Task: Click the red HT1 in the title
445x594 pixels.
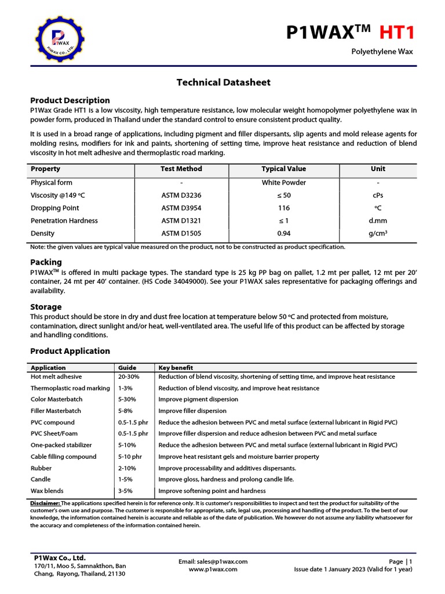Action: coord(397,32)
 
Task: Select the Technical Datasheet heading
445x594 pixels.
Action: coord(223,82)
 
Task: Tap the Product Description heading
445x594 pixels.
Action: coord(70,100)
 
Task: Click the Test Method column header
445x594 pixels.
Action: coord(181,169)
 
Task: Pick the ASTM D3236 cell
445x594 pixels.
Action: coord(181,195)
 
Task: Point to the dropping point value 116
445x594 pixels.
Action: coord(284,208)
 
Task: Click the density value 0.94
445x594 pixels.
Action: coord(284,234)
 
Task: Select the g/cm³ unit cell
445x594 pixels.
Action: coord(377,234)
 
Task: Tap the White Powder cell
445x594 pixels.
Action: coord(284,183)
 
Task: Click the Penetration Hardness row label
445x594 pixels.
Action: coord(64,221)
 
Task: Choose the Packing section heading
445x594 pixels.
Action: coord(46,262)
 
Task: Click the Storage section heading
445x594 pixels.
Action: coord(46,307)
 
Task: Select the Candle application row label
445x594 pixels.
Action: coord(41,480)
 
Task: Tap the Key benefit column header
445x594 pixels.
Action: coord(176,368)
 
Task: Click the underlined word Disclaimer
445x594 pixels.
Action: coord(45,504)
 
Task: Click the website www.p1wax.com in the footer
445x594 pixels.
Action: coord(213,570)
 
